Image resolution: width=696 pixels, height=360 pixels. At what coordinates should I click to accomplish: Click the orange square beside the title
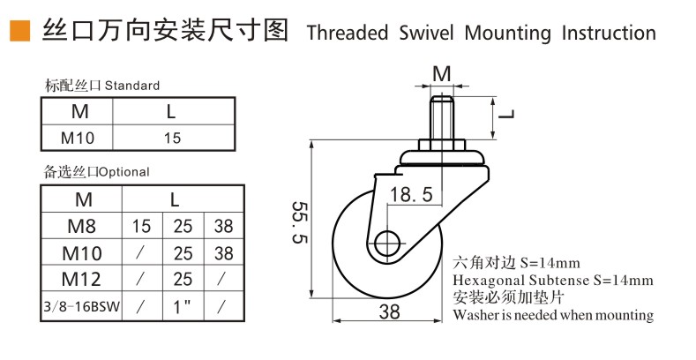20,31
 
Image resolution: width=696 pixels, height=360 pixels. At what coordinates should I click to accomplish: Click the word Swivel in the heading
426,33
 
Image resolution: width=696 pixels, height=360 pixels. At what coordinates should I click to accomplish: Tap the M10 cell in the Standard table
78,138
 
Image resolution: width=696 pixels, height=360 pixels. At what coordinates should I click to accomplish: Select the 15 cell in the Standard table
172,138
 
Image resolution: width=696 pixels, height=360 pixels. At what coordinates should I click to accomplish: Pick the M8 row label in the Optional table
82,227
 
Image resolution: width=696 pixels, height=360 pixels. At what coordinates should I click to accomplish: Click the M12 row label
81,279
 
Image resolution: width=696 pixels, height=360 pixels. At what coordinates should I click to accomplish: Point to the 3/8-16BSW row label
82,305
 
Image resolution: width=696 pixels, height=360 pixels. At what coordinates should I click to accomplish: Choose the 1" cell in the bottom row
182,306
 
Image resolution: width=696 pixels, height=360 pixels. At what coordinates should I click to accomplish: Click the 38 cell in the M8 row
224,227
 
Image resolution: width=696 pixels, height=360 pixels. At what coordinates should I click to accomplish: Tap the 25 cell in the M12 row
183,279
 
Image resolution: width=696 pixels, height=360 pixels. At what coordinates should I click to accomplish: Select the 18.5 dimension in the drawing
410,194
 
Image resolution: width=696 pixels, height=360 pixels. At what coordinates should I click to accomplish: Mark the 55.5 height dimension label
300,222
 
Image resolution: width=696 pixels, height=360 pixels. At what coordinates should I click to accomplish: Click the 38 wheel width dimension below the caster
389,312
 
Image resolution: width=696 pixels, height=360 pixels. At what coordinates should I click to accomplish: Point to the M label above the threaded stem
442,74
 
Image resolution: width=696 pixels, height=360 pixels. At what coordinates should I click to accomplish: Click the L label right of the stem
506,114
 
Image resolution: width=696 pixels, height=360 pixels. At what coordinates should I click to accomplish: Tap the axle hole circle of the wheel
387,244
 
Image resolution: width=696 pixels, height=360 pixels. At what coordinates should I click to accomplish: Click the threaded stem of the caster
441,117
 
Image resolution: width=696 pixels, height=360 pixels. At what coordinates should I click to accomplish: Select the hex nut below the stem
441,146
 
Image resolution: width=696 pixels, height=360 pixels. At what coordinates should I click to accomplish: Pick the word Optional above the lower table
123,172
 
